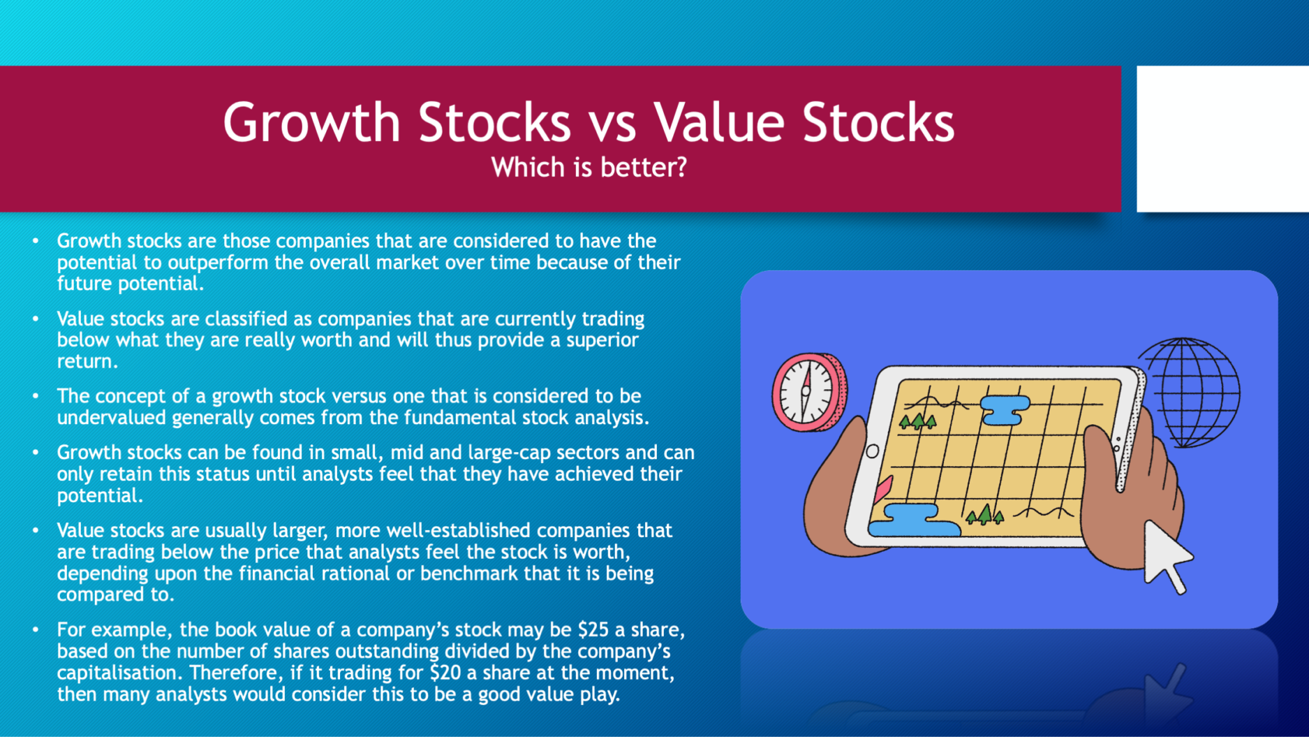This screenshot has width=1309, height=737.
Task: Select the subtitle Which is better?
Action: coord(589,168)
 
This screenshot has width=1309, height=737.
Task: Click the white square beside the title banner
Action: coord(1222,139)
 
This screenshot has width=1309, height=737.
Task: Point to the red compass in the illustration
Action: coord(809,392)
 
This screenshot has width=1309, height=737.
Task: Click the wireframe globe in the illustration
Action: coord(1190,392)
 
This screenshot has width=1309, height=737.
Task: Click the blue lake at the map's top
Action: coord(1005,409)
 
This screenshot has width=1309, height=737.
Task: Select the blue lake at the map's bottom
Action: coord(912,520)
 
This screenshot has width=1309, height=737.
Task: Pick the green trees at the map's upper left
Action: coord(917,421)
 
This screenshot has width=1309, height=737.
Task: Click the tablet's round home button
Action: coord(873,451)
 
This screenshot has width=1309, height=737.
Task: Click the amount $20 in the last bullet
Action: coord(445,673)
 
